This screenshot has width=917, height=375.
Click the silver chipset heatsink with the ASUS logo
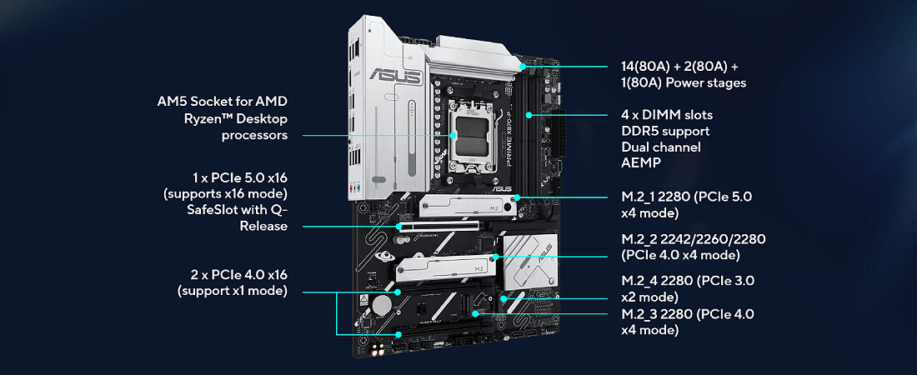tap(529, 262)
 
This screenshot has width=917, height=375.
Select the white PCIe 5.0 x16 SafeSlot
tap(438, 225)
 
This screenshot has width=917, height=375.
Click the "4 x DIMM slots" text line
tap(667, 115)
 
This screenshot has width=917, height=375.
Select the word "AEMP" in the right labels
tap(641, 163)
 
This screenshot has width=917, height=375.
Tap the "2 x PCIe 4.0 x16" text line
tap(233, 274)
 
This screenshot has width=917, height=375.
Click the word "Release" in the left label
tap(263, 227)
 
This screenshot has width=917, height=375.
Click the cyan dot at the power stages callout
tap(521, 67)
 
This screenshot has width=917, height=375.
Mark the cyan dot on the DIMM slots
tap(529, 115)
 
